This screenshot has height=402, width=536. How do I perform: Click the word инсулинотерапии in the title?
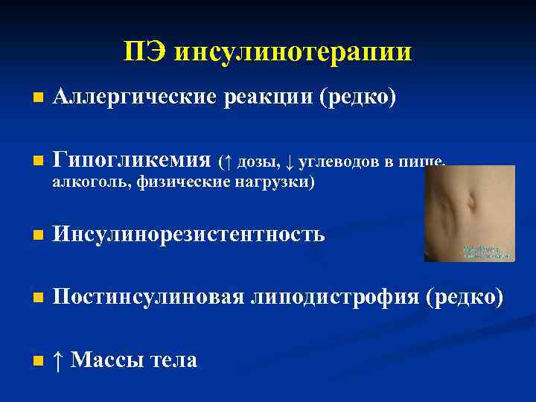pos(293,52)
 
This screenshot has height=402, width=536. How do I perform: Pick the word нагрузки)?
pos(274,183)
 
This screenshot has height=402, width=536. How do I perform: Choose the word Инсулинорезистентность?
pos(189,234)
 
